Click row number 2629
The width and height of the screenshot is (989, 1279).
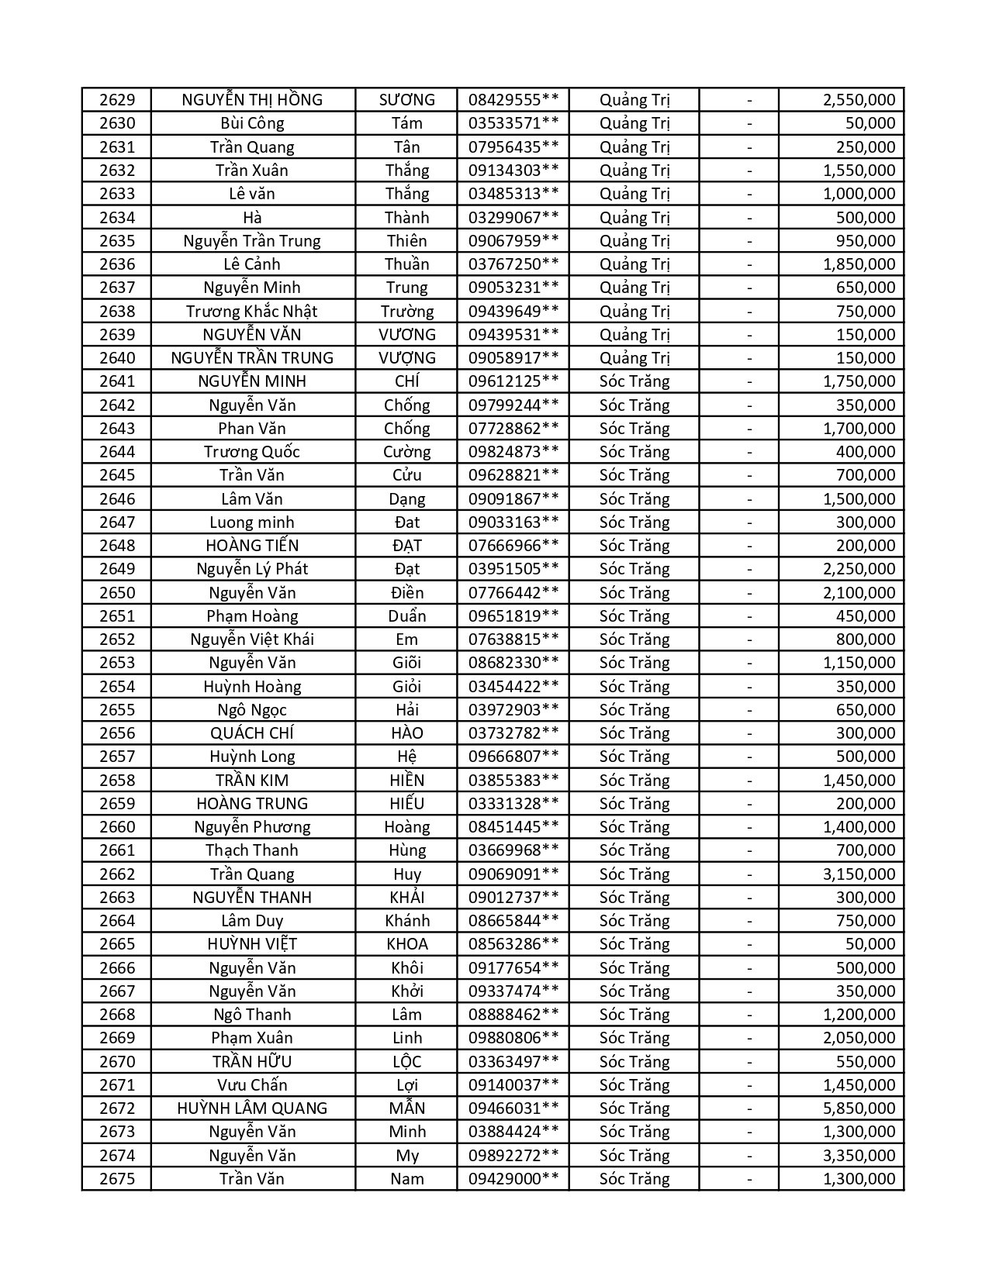116,100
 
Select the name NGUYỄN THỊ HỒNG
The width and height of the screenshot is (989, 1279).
252,100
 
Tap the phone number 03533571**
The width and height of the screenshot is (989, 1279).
513,123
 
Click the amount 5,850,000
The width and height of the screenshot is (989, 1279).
859,1108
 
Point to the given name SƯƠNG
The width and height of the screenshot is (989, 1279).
406,100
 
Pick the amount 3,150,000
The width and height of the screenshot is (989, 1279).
859,874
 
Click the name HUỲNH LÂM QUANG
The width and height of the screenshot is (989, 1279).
252,1108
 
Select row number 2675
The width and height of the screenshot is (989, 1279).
116,1179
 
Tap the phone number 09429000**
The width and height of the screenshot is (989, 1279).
513,1179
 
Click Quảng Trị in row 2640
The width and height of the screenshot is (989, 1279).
635,358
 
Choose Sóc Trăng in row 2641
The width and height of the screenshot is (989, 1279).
635,381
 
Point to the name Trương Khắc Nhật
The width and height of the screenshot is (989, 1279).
252,312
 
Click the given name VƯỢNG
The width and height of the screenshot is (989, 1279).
406,358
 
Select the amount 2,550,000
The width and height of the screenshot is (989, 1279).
859,100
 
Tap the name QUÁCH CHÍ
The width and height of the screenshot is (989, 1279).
252,733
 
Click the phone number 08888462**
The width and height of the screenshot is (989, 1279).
513,1015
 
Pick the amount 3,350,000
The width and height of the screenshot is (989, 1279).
859,1156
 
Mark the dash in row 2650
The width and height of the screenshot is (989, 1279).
749,593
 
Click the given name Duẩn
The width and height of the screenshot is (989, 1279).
406,616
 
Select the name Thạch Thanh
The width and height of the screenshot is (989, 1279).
252,850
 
